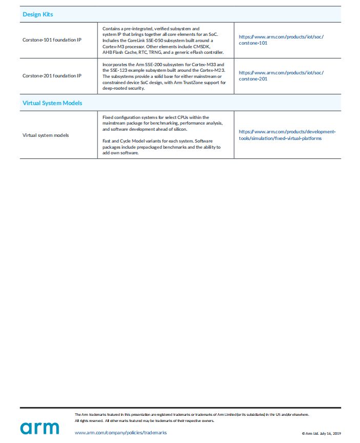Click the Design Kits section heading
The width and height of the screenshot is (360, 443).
coord(37,14)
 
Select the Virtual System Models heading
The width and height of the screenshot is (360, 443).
coord(52,103)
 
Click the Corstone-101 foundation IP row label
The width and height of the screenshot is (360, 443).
coord(52,39)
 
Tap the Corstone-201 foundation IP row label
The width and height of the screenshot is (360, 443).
coord(52,76)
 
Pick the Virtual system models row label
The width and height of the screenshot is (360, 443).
coord(46,135)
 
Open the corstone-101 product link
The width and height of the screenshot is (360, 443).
coord(281,39)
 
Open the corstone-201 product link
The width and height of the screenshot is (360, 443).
coord(281,76)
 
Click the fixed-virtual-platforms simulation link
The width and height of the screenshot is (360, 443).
coord(287,135)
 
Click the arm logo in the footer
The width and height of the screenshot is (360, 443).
coord(40,427)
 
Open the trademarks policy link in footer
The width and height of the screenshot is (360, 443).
coord(121,433)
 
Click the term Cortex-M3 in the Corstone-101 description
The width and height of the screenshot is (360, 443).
coord(115,46)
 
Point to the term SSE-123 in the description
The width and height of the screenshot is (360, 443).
coord(124,70)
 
